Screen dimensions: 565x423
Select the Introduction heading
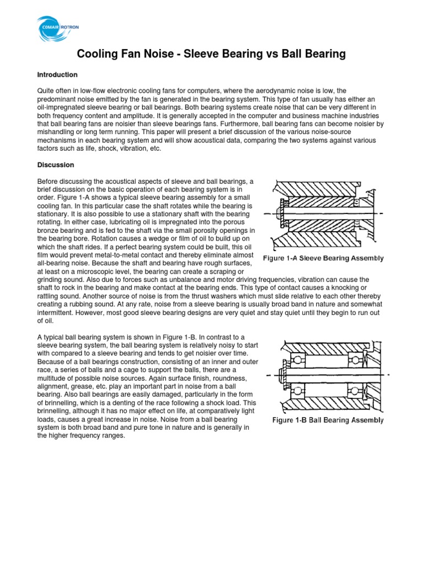(57, 74)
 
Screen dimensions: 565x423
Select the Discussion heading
(55, 164)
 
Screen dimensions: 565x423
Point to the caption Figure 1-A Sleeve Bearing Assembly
(323, 258)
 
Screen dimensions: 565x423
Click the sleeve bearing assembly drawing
(324, 213)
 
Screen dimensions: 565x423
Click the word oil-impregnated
(62, 106)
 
